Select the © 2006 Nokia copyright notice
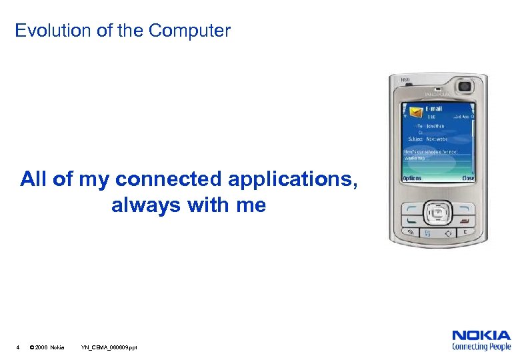pos(47,347)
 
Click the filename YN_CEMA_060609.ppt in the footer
pos(109,347)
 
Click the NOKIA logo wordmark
pos(481,335)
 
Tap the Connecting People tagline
pos(481,347)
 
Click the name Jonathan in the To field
pos(437,125)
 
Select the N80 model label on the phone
pos(405,81)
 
